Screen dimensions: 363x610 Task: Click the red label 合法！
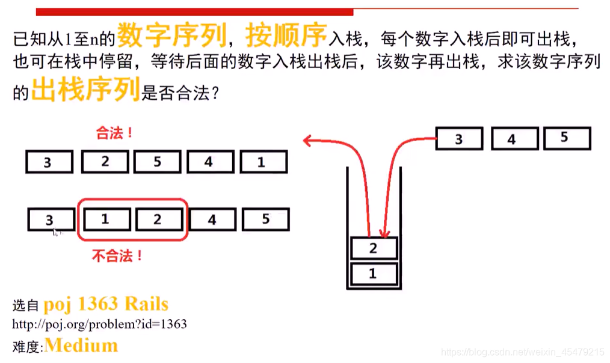[114, 133]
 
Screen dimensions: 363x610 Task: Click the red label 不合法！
[117, 255]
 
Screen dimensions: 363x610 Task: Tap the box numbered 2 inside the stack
[374, 248]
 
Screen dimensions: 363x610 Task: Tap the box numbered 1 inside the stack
[374, 273]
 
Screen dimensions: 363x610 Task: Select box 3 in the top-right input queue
[458, 139]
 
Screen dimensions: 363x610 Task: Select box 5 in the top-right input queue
[566, 138]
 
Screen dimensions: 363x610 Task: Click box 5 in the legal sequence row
[157, 162]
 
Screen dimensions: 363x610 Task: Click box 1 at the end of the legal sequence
[263, 162]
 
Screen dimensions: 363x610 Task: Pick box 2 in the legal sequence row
[105, 162]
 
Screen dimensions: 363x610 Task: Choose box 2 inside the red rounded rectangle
[158, 219]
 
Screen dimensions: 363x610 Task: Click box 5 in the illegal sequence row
[265, 219]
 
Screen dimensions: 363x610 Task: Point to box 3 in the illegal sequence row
[51, 220]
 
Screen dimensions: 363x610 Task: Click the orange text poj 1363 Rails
[106, 304]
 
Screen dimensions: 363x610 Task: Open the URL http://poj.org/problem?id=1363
[99, 325]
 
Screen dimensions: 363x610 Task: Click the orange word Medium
[81, 346]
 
